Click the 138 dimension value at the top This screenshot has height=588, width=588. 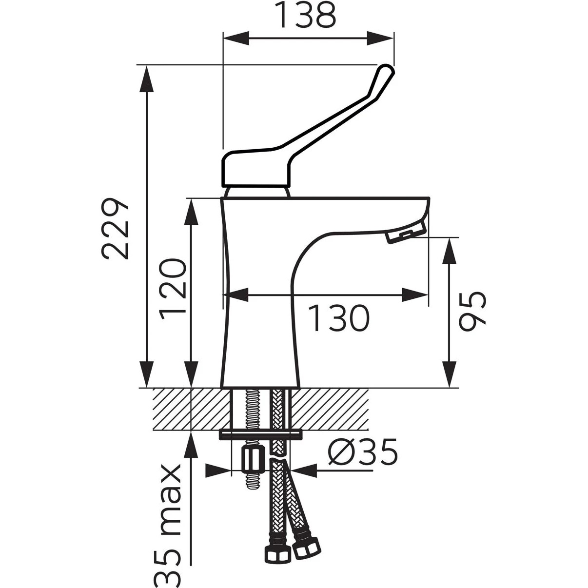[307, 15]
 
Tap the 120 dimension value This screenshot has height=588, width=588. [173, 289]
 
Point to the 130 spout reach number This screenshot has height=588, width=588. [338, 318]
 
